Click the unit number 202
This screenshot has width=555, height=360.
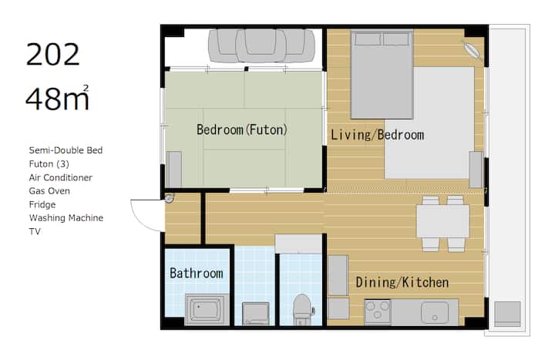pyautogui.click(x=52, y=55)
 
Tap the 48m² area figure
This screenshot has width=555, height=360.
pyautogui.click(x=57, y=98)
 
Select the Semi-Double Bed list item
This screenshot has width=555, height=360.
pyautogui.click(x=66, y=150)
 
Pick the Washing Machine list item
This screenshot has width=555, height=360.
pyautogui.click(x=66, y=217)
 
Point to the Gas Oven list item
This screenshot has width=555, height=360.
pyautogui.click(x=49, y=191)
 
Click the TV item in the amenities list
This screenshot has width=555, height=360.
pyautogui.click(x=35, y=231)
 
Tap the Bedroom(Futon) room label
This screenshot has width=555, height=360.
pyautogui.click(x=242, y=130)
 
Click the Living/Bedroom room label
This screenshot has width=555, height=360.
pyautogui.click(x=377, y=135)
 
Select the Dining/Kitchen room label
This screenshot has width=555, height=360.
pyautogui.click(x=402, y=282)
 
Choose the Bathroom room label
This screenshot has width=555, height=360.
pyautogui.click(x=197, y=273)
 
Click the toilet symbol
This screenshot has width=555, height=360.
pyautogui.click(x=303, y=309)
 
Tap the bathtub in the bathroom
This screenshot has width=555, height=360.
pyautogui.click(x=207, y=309)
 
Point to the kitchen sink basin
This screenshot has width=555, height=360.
pyautogui.click(x=435, y=312)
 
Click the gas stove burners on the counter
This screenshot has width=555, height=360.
pyautogui.click(x=378, y=311)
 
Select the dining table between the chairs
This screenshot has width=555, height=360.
pyautogui.click(x=442, y=221)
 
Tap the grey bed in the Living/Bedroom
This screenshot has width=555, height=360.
pyautogui.click(x=382, y=75)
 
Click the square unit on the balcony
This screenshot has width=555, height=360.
pyautogui.click(x=507, y=314)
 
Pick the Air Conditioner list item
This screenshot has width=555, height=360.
pyautogui.click(x=61, y=177)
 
